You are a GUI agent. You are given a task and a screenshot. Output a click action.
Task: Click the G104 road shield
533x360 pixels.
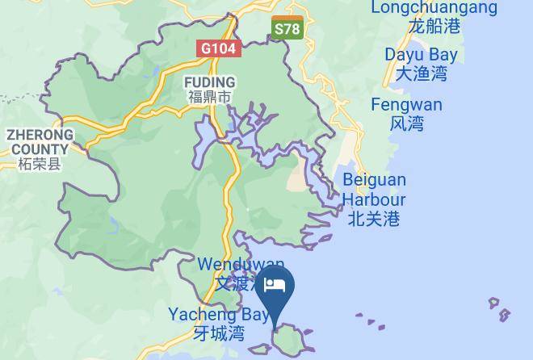pyautogui.click(x=218, y=48)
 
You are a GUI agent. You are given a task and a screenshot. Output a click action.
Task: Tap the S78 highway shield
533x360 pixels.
pyautogui.click(x=287, y=29)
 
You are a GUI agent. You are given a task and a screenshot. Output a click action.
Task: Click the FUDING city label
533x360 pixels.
pyautogui.click(x=209, y=82)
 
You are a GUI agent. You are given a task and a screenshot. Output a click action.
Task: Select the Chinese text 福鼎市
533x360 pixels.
pyautogui.click(x=209, y=98)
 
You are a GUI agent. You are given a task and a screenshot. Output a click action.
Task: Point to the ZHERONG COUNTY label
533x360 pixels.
pyautogui.click(x=40, y=142)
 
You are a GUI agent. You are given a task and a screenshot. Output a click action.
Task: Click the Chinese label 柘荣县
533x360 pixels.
pyautogui.click(x=39, y=165)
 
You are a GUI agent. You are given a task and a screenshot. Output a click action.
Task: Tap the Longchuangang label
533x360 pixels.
pyautogui.click(x=434, y=7)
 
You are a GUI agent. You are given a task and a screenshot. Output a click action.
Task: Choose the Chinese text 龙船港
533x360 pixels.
pyautogui.click(x=434, y=26)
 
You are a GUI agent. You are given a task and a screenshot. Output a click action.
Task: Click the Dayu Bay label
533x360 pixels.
pyautogui.click(x=421, y=55)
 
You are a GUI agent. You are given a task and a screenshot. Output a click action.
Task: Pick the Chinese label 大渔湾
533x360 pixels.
pyautogui.click(x=421, y=74)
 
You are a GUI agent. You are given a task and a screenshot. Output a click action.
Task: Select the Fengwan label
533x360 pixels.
pyautogui.click(x=406, y=105)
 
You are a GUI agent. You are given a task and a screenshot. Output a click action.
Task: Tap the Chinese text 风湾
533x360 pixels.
pyautogui.click(x=406, y=123)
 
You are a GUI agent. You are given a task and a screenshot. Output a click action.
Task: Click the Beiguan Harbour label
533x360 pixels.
pyautogui.click(x=374, y=189)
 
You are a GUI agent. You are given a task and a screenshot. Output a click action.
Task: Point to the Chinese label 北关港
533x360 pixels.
pyautogui.click(x=374, y=218)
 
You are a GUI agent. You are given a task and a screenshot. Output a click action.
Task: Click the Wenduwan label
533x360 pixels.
pyautogui.click(x=241, y=265)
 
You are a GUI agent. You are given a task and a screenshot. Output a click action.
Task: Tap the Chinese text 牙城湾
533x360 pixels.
pyautogui.click(x=219, y=332)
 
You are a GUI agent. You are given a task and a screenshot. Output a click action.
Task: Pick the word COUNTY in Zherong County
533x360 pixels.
pyautogui.click(x=40, y=149)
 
